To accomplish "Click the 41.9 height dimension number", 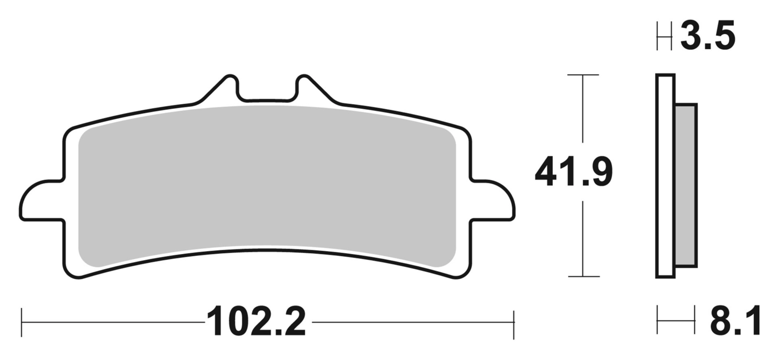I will click(x=574, y=173).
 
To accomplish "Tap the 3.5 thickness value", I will click(x=708, y=36).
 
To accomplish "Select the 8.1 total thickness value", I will click(x=735, y=322).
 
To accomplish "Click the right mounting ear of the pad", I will click(x=493, y=200).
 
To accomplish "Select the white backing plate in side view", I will click(x=665, y=175).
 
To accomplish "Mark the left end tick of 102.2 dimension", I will click(x=22, y=322).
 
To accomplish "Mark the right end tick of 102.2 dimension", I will click(x=514, y=322).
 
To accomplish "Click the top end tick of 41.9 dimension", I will click(x=583, y=75).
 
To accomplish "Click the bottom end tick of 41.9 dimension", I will click(x=583, y=276).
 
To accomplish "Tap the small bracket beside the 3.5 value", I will click(x=664, y=36).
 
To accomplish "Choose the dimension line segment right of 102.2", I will click(x=413, y=322).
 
